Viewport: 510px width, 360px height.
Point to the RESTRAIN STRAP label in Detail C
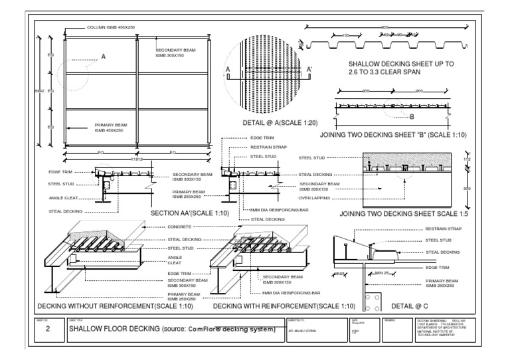pos(443,228)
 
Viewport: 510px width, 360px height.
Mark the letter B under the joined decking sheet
pos(412,118)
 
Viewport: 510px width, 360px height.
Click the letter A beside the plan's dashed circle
pos(103,57)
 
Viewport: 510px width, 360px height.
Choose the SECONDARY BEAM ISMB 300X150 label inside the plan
pos(174,53)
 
